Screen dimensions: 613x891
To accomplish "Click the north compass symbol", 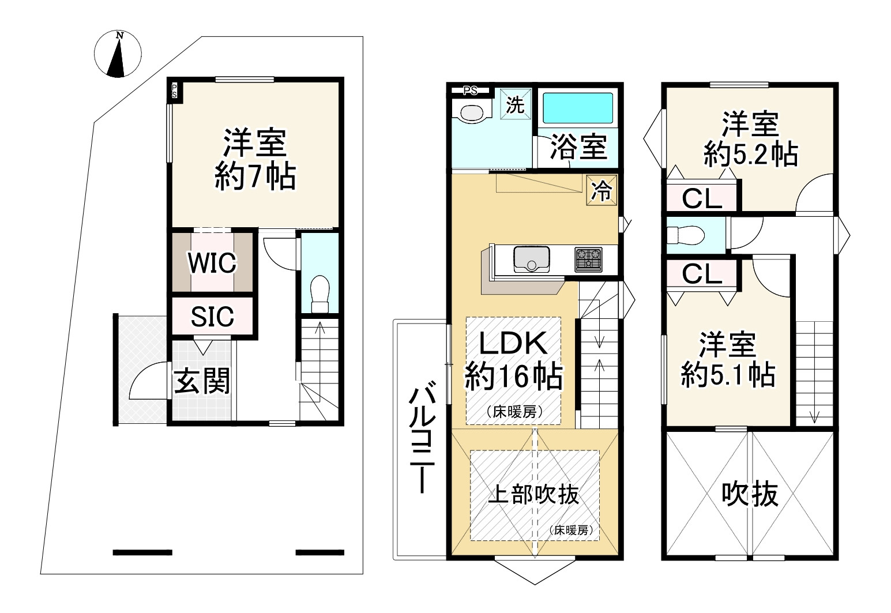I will (118, 54).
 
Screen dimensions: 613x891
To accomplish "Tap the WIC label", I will (212, 263).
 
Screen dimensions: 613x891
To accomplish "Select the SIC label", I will (212, 316).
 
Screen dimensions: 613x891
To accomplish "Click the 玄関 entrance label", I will (202, 381).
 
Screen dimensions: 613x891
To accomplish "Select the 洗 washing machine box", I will (515, 105).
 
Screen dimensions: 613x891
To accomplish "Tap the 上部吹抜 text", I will (533, 494).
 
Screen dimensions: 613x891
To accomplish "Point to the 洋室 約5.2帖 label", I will (750, 140).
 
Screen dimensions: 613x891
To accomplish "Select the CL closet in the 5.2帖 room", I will (702, 199).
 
